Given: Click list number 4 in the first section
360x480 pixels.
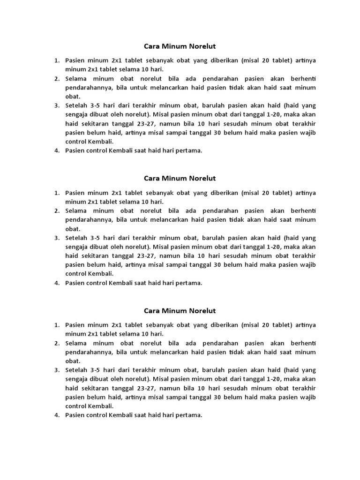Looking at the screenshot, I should (56, 150).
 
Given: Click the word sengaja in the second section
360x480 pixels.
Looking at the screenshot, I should (77, 247).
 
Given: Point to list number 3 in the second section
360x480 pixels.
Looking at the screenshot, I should (56, 238).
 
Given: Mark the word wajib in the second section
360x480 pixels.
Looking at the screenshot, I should (308, 265).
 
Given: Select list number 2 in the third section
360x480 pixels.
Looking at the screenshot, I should (56, 343).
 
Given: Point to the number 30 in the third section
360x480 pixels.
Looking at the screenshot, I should (217, 397).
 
